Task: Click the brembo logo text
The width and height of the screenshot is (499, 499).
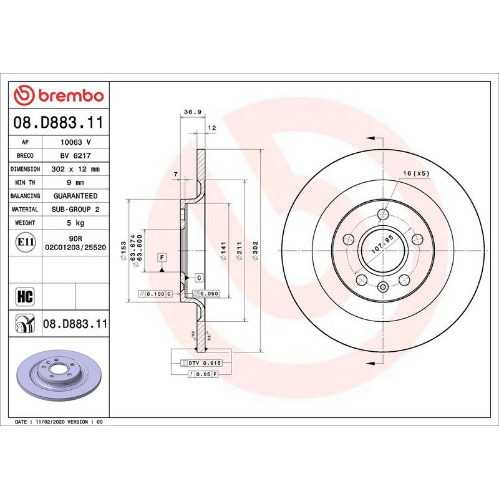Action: (x=60, y=95)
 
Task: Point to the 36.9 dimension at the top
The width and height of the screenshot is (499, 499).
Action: (x=192, y=112)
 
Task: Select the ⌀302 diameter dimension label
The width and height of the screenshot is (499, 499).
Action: (x=256, y=250)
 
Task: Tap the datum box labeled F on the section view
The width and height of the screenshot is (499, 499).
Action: (x=162, y=257)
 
